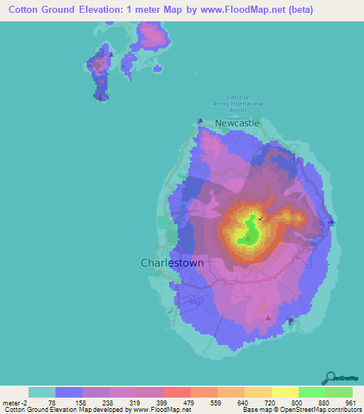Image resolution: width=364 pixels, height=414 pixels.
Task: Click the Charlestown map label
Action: tap(172, 262)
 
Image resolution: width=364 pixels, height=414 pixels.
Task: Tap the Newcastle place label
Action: tap(237, 123)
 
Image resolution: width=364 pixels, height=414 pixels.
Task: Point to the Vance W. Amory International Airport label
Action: tap(238, 104)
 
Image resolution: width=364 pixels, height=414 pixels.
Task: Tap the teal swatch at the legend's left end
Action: tap(42, 392)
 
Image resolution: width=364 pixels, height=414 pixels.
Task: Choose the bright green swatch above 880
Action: tap(312, 392)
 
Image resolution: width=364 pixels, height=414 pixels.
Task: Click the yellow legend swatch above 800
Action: tap(285, 392)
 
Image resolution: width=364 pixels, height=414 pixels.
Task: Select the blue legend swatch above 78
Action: tap(69, 392)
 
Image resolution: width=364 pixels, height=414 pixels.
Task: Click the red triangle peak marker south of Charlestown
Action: tap(267, 318)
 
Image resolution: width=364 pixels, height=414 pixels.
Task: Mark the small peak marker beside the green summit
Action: tap(259, 218)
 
